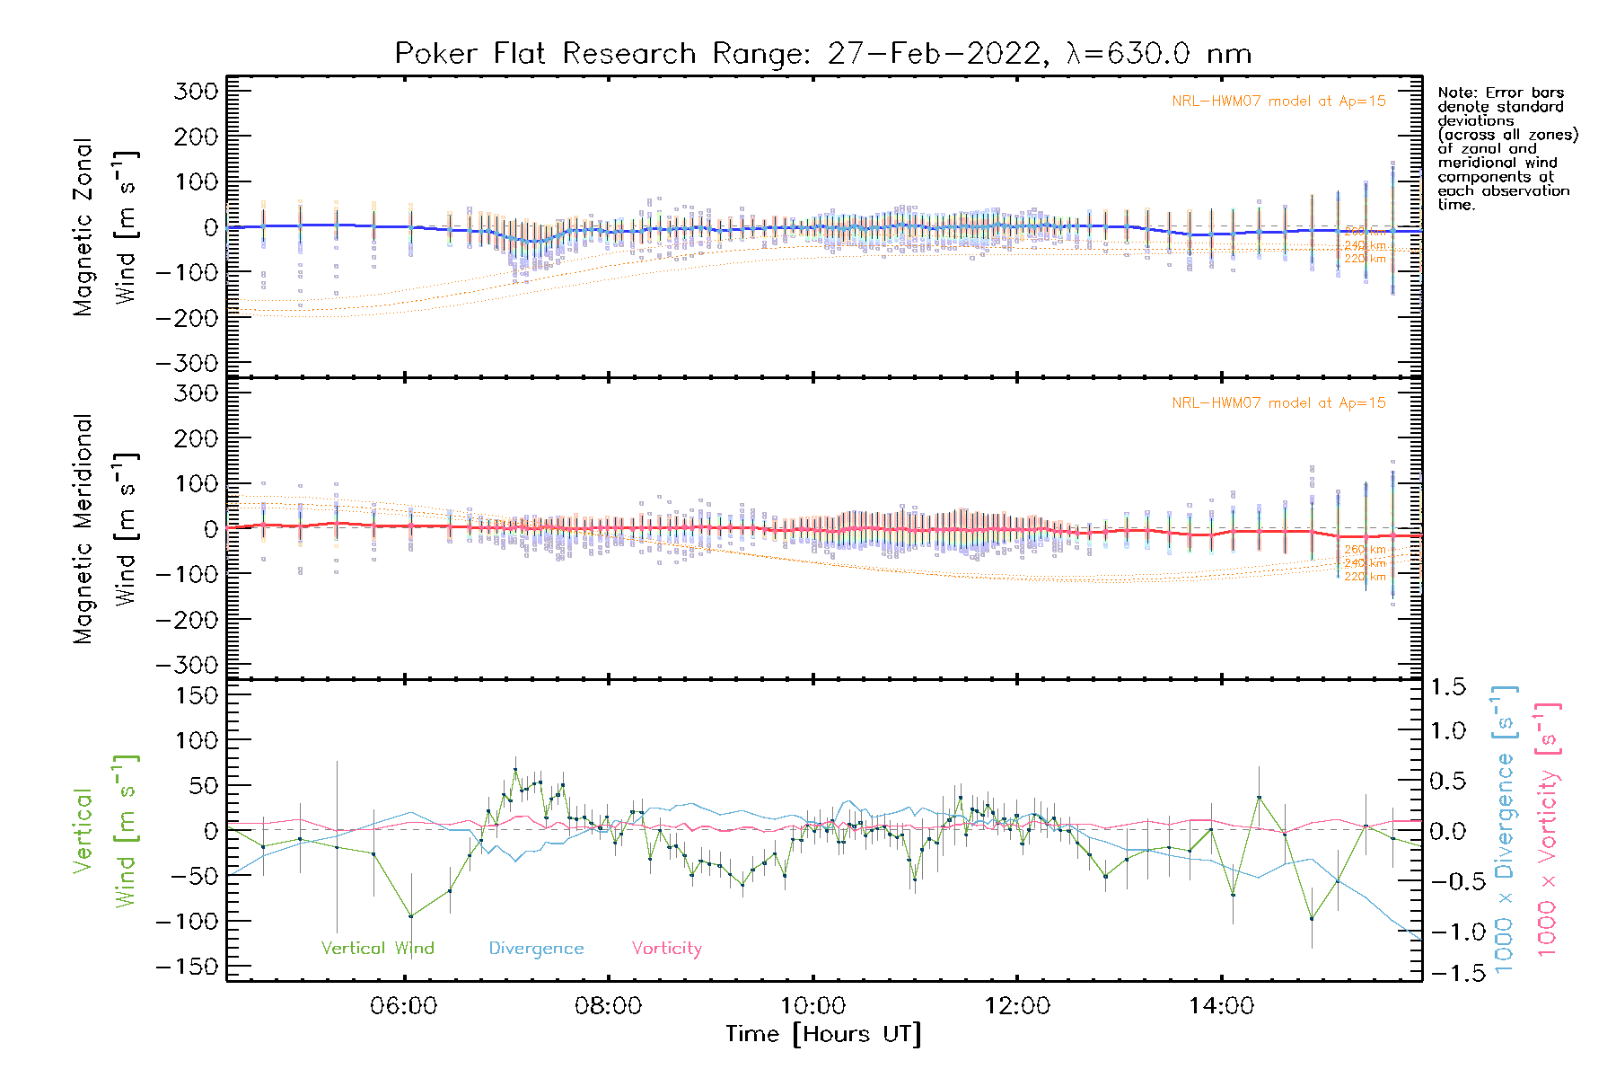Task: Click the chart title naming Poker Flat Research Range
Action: point(822,54)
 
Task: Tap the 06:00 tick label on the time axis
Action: point(404,1005)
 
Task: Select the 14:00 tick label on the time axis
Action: point(1221,1005)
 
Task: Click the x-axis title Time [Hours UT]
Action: point(822,1034)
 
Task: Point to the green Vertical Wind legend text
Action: point(377,949)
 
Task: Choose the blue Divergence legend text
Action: point(536,949)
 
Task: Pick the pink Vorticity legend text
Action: point(666,949)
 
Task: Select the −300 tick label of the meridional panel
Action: point(188,666)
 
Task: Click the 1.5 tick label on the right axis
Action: point(1447,687)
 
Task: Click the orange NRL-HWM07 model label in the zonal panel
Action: point(1278,102)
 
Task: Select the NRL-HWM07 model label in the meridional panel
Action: point(1278,403)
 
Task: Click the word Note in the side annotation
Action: point(1455,93)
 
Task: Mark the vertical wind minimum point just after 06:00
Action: point(411,916)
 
